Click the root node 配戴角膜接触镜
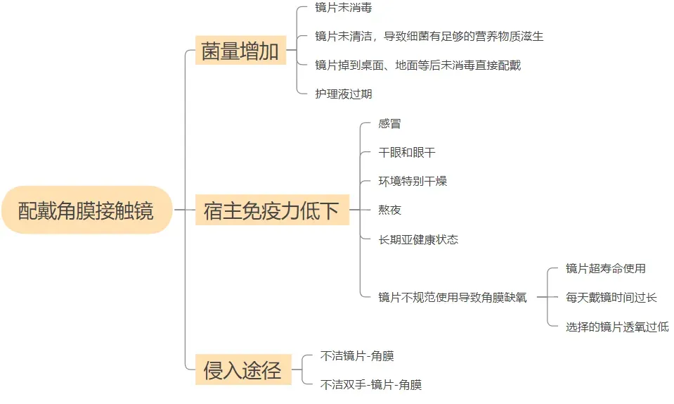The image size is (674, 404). tap(86, 210)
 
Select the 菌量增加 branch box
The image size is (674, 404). tap(240, 51)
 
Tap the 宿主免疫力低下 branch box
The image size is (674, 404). tap(271, 210)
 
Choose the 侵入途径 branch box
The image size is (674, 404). tap(242, 370)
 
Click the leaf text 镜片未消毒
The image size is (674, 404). tap(343, 8)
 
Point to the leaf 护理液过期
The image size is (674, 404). tap(343, 94)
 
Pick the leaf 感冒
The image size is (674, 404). tap(390, 124)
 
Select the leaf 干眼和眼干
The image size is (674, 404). tap(407, 153)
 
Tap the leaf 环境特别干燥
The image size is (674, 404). tap(413, 182)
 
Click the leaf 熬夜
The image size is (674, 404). tap(390, 210)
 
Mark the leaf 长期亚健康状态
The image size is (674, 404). tap(418, 239)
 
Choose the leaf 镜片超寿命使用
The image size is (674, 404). tap(605, 268)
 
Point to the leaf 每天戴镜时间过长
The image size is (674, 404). tap(611, 297)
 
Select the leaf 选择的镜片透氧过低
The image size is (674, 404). tap(617, 326)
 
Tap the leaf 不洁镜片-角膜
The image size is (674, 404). tap(356, 356)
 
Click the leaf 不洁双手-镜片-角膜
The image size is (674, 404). tap(370, 384)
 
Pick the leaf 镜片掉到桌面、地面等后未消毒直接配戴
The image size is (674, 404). tap(417, 65)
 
